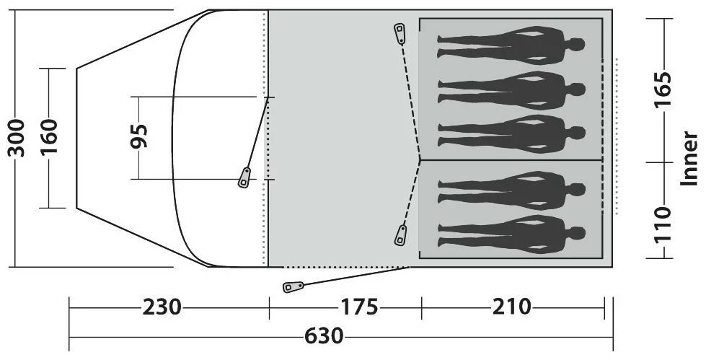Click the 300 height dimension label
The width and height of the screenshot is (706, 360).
[x=16, y=139]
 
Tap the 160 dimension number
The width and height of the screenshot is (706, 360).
[x=49, y=137]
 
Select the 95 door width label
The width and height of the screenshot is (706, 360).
[x=138, y=136]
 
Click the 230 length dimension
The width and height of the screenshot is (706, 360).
[x=162, y=308]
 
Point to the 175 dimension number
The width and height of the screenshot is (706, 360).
[x=359, y=308]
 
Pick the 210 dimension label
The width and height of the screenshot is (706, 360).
[x=511, y=307]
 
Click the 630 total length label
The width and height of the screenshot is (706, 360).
[x=325, y=337]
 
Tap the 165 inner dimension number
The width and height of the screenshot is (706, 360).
[x=662, y=89]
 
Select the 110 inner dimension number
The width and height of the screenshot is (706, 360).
[x=662, y=225]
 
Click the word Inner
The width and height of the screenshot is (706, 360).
[x=689, y=159]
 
